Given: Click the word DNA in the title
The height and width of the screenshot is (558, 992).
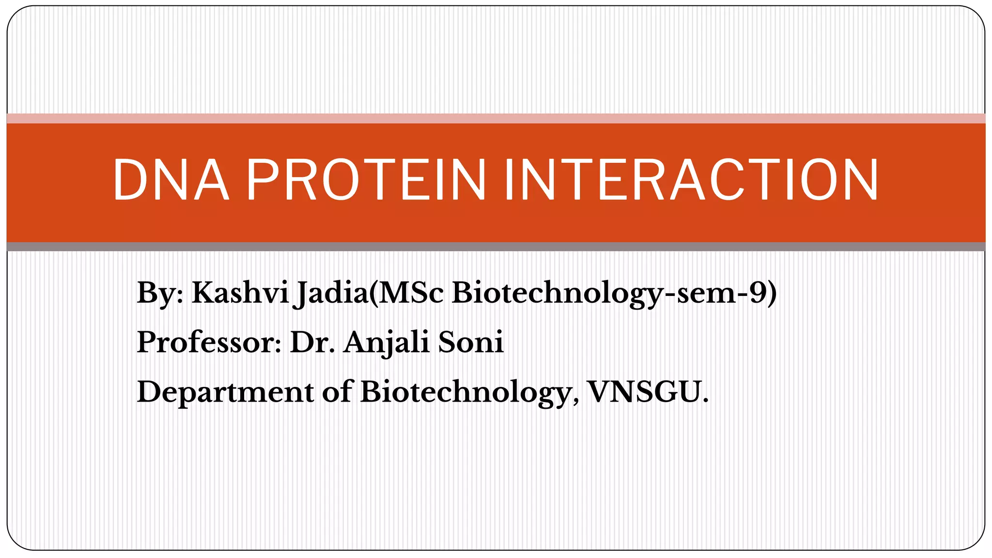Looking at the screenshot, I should tap(170, 180).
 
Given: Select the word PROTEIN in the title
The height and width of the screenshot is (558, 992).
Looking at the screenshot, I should tap(366, 180).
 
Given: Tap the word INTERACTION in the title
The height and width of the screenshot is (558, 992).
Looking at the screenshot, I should tap(691, 180).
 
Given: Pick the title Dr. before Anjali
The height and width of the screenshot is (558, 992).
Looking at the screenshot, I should tap(312, 342).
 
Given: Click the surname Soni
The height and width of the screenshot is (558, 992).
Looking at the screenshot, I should tap(471, 342).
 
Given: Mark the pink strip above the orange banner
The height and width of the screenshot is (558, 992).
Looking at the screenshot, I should tap(496, 119).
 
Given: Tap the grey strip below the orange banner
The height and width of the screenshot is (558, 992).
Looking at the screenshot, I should tap(496, 247).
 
